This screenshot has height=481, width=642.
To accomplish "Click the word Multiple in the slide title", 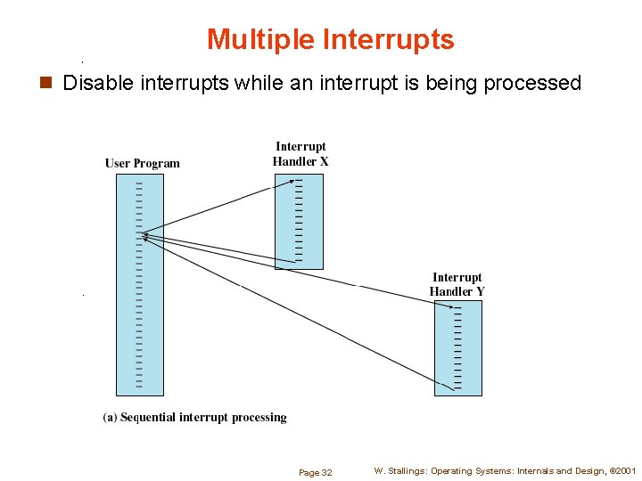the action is [x=260, y=40].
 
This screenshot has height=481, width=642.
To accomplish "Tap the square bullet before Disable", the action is [x=48, y=84].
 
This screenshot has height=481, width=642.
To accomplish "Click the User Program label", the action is [x=143, y=163].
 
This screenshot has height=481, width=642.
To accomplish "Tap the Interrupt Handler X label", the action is [x=300, y=154].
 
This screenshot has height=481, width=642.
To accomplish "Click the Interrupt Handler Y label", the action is [x=457, y=285].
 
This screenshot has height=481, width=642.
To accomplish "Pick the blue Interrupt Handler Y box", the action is [x=457, y=347].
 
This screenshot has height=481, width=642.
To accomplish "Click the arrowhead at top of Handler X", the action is [x=295, y=181].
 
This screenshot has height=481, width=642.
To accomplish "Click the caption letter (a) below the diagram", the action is [x=110, y=417].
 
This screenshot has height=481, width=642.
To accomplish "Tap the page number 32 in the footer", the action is [x=326, y=473].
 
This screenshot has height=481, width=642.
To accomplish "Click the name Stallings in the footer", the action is [x=407, y=471].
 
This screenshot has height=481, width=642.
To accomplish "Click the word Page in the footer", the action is [x=308, y=473].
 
